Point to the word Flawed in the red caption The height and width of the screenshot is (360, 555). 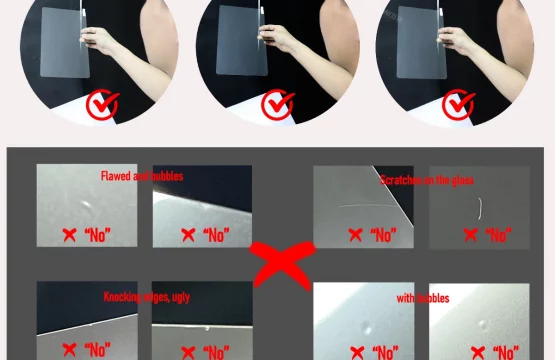pyautogui.click(x=117, y=177)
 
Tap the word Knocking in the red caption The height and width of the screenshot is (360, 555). pyautogui.click(x=123, y=296)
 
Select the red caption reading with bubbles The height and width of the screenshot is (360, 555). pyautogui.click(x=422, y=298)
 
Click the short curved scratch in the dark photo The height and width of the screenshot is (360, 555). pyautogui.click(x=481, y=207)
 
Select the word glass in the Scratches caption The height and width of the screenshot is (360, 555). pyautogui.click(x=463, y=181)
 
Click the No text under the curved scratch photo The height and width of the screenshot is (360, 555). pyautogui.click(x=497, y=236)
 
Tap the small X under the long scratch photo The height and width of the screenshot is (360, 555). pyautogui.click(x=354, y=236)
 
